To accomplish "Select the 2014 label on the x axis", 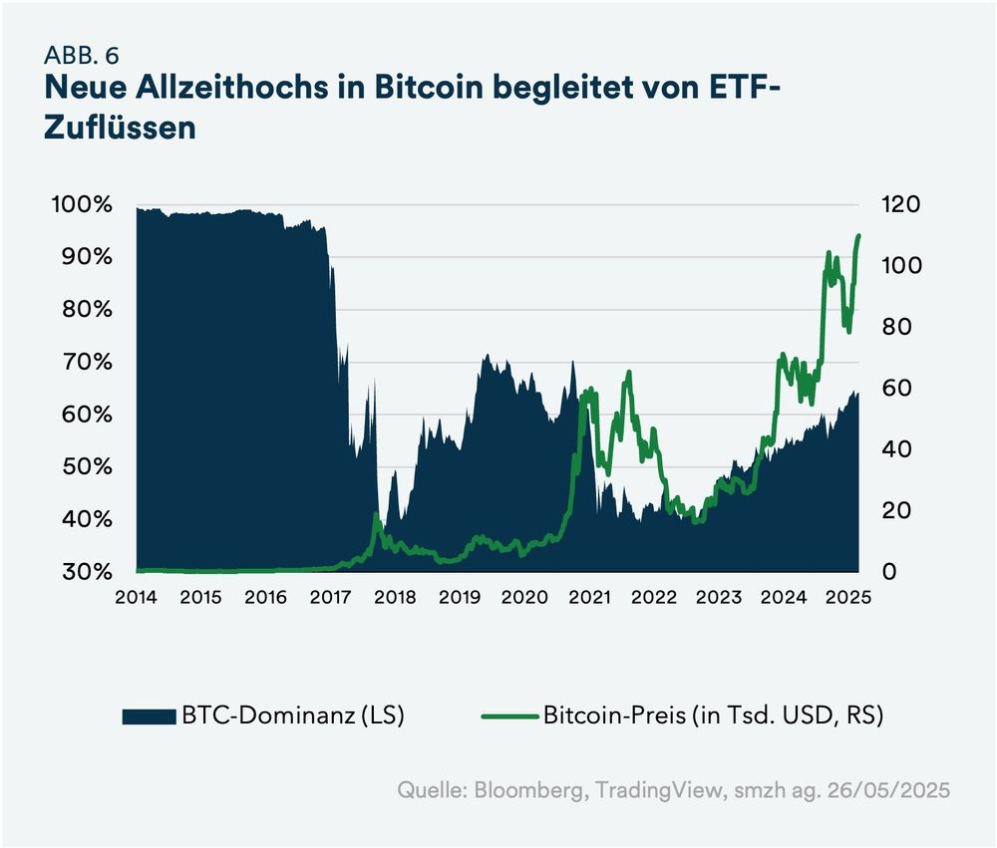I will point(137,598).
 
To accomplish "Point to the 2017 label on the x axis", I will point(331,598).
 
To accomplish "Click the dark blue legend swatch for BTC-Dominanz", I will point(149,715).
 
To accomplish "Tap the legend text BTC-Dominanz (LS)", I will point(291,715).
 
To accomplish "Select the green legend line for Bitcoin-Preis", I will point(510,715).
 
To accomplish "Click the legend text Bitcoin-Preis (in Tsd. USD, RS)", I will point(713,715).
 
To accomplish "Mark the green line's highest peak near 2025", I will point(859,236).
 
